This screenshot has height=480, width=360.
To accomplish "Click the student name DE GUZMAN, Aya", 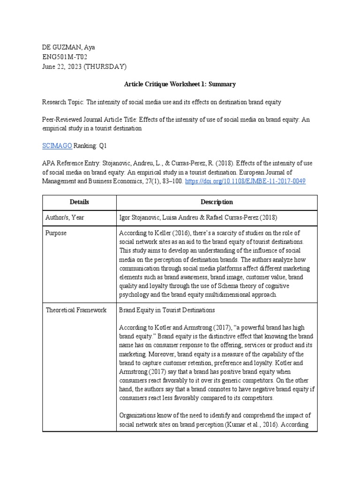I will [68, 47].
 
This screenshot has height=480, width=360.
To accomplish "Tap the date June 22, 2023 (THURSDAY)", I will [84, 66].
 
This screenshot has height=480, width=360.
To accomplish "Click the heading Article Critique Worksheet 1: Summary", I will [180, 84].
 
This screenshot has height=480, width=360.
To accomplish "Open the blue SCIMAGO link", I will [57, 146].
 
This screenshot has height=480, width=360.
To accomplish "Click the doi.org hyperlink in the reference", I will [246, 180].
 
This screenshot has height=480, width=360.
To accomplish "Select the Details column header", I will [79, 202].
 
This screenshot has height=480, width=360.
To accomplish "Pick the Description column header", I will [217, 202].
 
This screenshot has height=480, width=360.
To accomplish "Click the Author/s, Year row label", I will [66, 217].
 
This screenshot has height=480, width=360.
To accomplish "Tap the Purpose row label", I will [56, 233].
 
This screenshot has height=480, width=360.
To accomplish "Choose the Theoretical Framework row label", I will [75, 310].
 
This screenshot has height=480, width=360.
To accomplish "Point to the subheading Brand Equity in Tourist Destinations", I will [167, 310].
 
